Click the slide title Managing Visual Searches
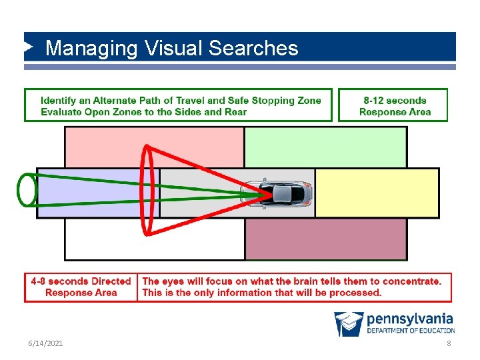point(171,48)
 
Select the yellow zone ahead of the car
point(377,193)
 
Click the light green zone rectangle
point(325,147)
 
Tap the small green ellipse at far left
point(27,189)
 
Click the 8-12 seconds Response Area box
point(394,106)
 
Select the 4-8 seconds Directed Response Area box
point(81,287)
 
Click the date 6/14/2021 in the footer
point(45,343)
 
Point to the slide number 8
point(449,343)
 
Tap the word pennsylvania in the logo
point(409,319)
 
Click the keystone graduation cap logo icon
point(349,323)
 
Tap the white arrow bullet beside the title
point(29,47)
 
